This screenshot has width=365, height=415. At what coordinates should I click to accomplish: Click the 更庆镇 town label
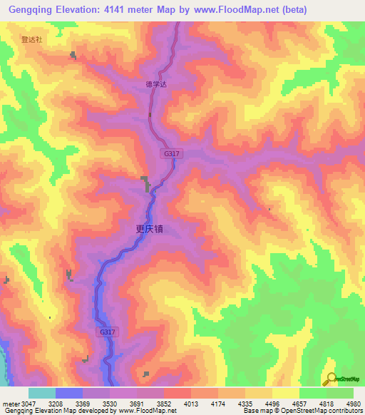(150, 230)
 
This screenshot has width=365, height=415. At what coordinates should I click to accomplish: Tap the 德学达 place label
(155, 83)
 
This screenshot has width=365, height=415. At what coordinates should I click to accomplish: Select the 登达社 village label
(32, 41)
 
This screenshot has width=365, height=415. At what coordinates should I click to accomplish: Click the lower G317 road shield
(106, 332)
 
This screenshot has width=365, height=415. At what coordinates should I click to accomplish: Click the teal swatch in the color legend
(42, 393)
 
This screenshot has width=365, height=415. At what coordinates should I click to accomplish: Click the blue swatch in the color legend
(69, 393)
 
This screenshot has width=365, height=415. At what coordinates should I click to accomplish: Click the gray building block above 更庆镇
(146, 183)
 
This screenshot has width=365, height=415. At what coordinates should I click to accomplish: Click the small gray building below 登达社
(73, 55)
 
